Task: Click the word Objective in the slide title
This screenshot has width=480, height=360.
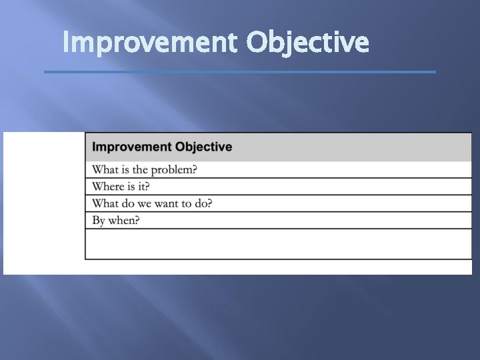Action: tap(307, 43)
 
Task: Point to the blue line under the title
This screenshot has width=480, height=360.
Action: tap(240, 72)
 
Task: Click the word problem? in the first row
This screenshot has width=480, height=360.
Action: tap(174, 170)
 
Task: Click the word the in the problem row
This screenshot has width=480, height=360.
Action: tap(140, 170)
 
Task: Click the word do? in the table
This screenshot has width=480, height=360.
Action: tap(202, 203)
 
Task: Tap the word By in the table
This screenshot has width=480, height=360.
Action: tap(99, 221)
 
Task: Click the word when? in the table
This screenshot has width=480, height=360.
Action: tap(124, 221)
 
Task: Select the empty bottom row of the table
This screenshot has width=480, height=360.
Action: tap(277, 244)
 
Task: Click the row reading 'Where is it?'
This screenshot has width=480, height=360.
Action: tap(277, 187)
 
